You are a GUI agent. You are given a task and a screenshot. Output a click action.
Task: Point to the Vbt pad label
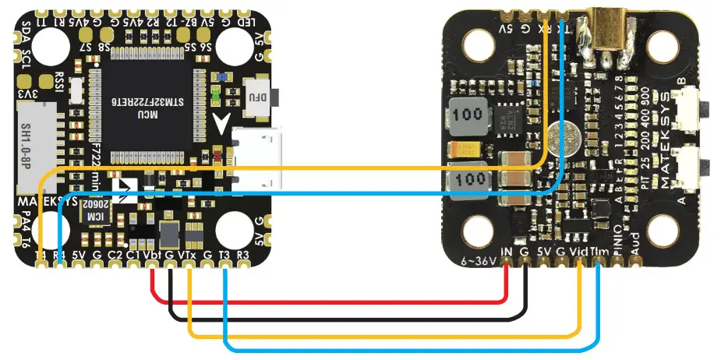[x=153, y=255]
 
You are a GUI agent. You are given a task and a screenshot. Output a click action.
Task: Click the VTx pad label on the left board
[x=187, y=255]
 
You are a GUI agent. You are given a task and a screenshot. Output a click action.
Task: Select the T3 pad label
[x=224, y=255]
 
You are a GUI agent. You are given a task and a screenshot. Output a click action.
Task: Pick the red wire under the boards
[x=327, y=302]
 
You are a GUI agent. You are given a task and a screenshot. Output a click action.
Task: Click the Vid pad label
[x=579, y=252]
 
